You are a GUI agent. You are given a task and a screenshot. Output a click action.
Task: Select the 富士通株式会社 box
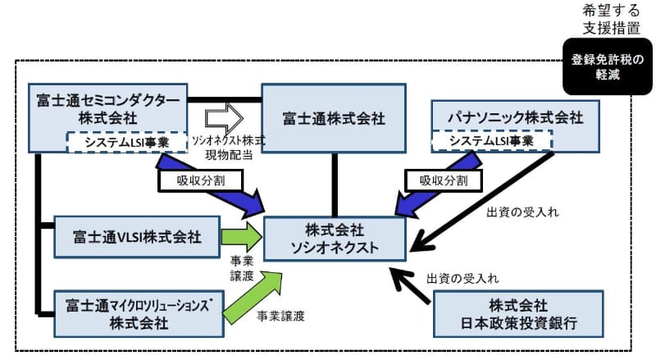[332, 117]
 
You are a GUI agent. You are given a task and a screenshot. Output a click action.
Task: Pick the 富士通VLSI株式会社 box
[129, 238]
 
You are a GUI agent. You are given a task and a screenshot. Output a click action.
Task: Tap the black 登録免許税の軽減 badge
[607, 65]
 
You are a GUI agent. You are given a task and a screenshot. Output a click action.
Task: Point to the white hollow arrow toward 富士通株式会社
[222, 117]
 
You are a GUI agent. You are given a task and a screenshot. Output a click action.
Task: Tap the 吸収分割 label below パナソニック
[437, 180]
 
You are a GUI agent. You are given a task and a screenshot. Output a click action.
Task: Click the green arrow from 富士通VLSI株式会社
[241, 237]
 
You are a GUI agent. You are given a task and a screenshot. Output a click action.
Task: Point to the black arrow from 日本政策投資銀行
[410, 288]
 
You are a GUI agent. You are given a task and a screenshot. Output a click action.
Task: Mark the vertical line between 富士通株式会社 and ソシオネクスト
[334, 184]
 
